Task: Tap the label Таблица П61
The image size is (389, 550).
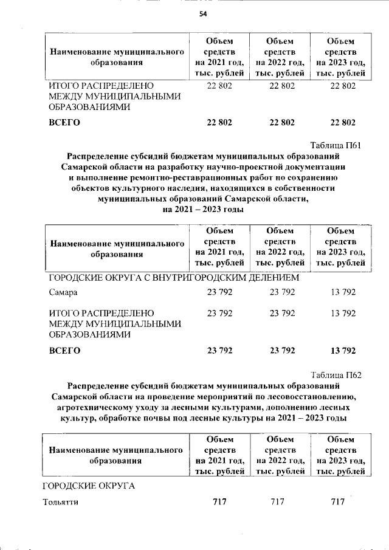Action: (336, 145)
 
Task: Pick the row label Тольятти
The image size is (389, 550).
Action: (61, 502)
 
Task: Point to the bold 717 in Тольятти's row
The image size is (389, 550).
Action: (219, 502)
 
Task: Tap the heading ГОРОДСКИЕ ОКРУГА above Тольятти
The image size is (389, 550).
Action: (88, 486)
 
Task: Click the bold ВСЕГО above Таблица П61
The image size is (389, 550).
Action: (64, 122)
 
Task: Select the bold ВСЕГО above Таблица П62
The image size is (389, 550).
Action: (64, 351)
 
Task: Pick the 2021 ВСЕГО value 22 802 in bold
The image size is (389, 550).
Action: (219, 122)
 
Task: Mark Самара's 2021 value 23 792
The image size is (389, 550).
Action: (219, 292)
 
